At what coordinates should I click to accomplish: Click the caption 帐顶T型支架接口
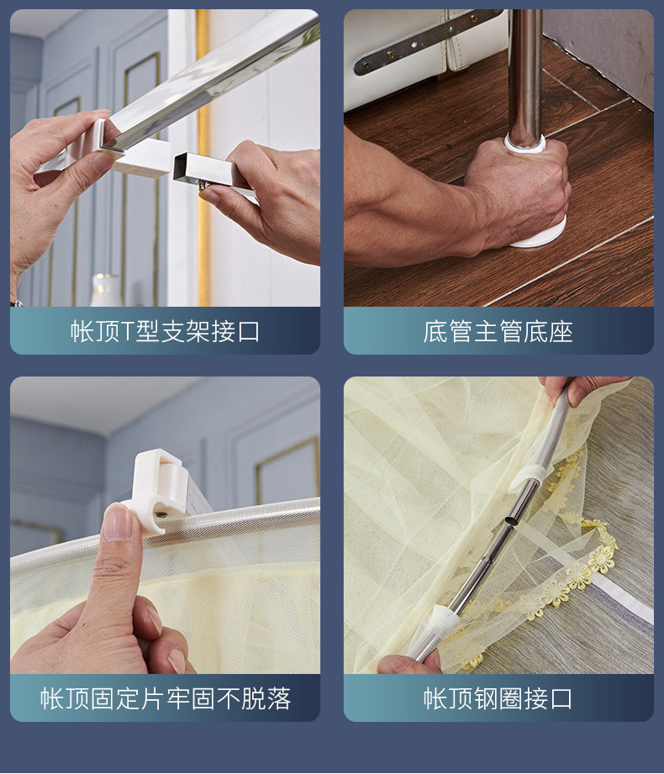165,331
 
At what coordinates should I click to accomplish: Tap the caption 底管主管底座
498,331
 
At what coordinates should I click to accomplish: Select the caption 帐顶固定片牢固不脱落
166,698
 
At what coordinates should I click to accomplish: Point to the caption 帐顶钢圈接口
498,698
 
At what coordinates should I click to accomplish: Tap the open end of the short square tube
181,168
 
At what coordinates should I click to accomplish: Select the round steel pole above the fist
525,74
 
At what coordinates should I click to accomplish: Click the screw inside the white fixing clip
161,514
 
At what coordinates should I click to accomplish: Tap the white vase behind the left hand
106,290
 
